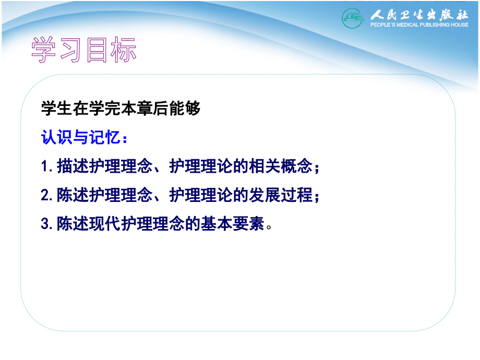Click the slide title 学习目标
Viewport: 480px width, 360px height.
pyautogui.click(x=83, y=51)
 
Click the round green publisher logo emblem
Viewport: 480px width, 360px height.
pyautogui.click(x=353, y=18)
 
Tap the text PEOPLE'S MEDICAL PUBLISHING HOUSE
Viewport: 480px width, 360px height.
pyautogui.click(x=419, y=25)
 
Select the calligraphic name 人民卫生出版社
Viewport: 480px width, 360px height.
pyautogui.click(x=419, y=15)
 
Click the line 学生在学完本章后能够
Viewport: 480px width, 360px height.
pyautogui.click(x=121, y=110)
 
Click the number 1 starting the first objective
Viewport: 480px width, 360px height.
pyautogui.click(x=44, y=167)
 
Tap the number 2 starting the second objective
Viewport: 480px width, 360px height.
pyautogui.click(x=44, y=196)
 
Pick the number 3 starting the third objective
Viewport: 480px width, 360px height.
pyautogui.click(x=44, y=224)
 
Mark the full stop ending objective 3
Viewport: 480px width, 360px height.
pyautogui.click(x=269, y=227)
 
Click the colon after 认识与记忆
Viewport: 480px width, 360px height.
pyautogui.click(x=123, y=139)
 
